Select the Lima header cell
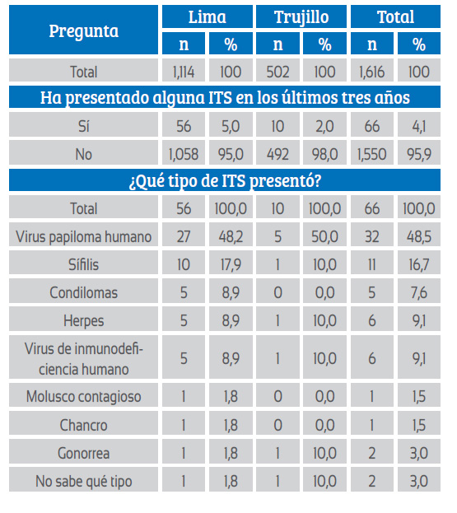(208, 16)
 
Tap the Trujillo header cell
(301, 16)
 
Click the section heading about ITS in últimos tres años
(225, 97)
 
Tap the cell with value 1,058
(184, 153)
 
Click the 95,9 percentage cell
(419, 153)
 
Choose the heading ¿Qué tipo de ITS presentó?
(225, 180)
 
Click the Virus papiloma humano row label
(83, 236)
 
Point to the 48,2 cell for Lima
(231, 236)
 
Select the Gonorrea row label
(83, 452)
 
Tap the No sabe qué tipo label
(83, 480)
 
